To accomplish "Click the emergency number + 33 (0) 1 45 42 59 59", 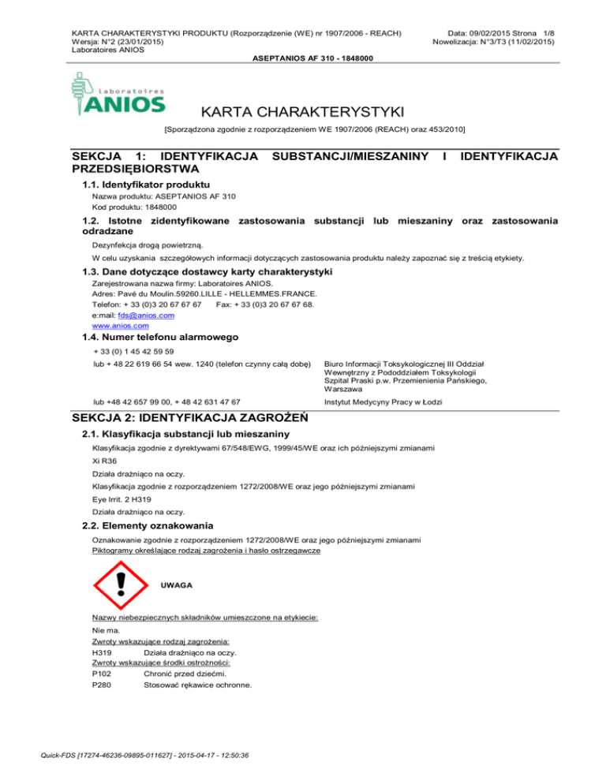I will click(x=133, y=351).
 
